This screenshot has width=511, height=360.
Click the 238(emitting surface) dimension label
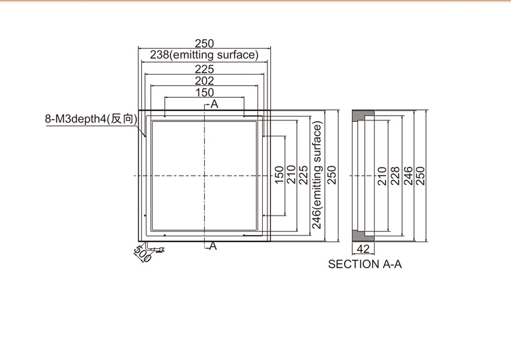click(x=204, y=55)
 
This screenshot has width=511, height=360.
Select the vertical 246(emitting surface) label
click(x=317, y=175)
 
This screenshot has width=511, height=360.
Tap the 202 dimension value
click(x=204, y=81)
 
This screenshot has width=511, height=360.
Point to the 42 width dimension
click(x=363, y=249)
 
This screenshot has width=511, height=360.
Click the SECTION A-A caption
click(x=365, y=264)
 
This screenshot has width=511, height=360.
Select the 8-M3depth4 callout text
click(x=76, y=118)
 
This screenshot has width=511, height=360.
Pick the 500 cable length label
click(x=143, y=254)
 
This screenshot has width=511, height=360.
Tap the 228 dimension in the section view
click(x=395, y=176)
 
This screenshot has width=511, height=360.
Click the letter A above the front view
click(x=214, y=104)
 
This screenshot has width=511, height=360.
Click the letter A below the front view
click(x=213, y=246)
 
